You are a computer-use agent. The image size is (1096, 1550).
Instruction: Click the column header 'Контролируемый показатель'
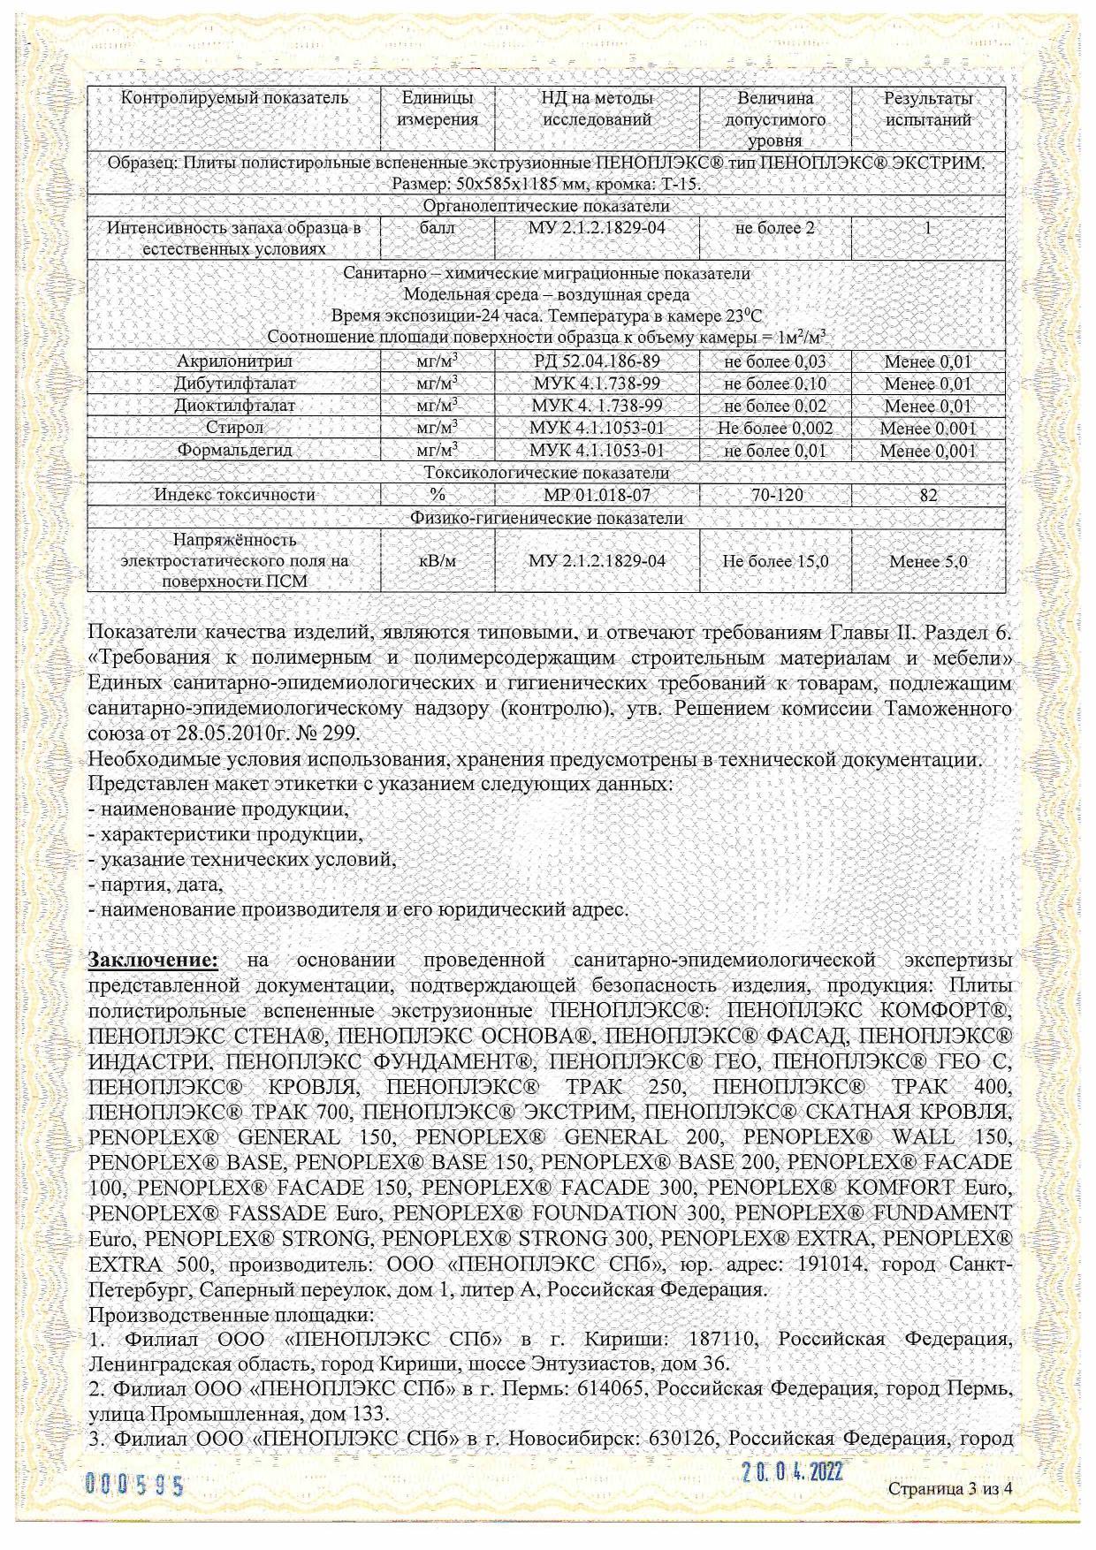tap(234, 98)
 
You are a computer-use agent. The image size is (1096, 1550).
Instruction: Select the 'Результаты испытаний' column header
tap(928, 109)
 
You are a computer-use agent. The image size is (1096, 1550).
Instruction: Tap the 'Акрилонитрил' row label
tap(234, 361)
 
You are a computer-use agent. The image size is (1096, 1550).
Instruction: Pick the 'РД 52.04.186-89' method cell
tap(597, 361)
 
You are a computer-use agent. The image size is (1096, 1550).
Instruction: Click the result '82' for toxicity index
tap(928, 496)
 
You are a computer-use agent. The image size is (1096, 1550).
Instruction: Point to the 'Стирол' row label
tap(234, 428)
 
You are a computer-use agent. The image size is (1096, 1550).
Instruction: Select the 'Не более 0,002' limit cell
tap(775, 429)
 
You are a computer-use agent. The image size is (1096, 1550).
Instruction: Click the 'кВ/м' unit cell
tap(438, 561)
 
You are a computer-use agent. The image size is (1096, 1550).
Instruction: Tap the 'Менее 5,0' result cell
tap(928, 561)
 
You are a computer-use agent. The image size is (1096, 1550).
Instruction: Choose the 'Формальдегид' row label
tap(234, 450)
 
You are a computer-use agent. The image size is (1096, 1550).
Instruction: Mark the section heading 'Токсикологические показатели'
tap(546, 473)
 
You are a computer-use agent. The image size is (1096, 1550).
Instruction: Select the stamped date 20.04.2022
tap(792, 1471)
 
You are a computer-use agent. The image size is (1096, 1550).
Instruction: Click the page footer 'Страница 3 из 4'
tap(949, 1488)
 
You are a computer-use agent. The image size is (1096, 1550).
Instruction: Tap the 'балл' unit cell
tap(438, 228)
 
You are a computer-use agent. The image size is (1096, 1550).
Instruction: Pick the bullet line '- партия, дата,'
tap(156, 885)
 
